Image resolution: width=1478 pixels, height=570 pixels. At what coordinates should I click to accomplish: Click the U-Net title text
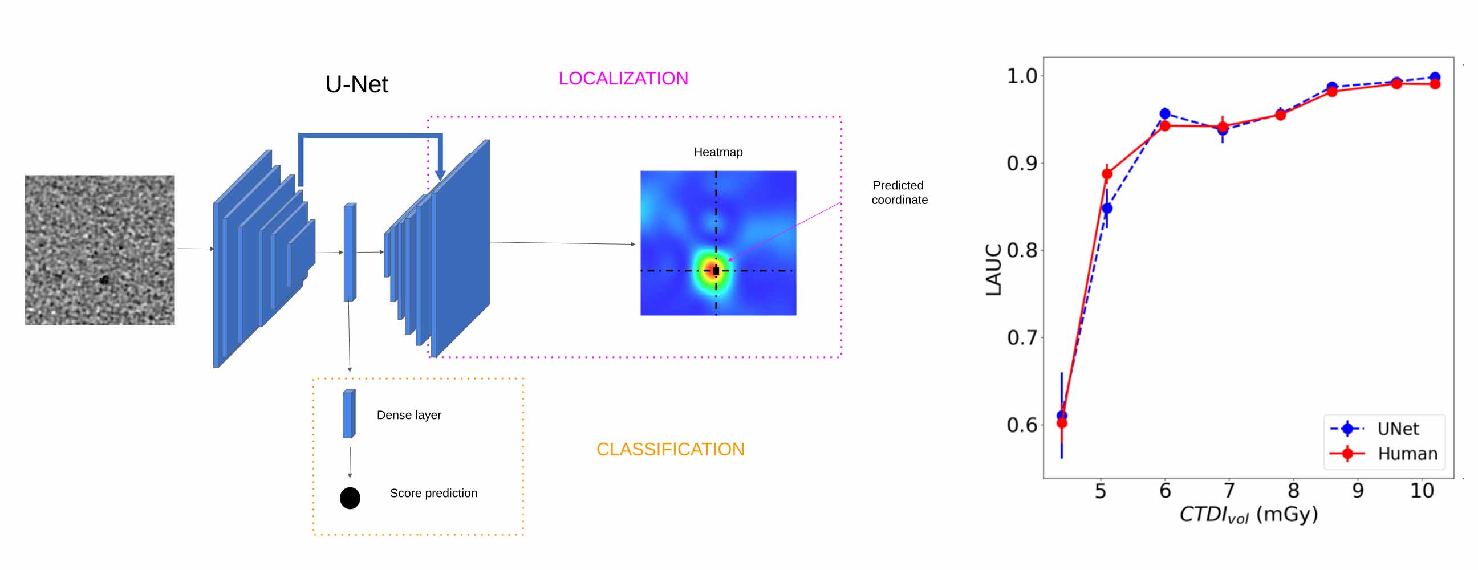(356, 84)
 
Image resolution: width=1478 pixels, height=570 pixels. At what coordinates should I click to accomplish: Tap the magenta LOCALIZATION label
(623, 78)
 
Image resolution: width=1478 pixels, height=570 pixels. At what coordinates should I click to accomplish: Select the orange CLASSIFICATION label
(670, 449)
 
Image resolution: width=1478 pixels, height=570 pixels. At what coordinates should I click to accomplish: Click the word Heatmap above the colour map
(718, 152)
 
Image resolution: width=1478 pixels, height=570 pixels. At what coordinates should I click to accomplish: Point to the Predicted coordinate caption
(899, 193)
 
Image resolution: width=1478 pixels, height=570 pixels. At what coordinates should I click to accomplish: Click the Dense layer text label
(409, 415)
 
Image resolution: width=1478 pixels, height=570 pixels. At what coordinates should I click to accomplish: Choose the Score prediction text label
(433, 493)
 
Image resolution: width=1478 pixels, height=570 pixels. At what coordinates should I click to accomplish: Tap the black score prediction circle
(350, 498)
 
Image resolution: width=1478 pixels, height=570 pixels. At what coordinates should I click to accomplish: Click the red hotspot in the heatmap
(714, 270)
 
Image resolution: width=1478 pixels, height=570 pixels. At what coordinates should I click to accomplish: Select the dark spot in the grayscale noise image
(104, 280)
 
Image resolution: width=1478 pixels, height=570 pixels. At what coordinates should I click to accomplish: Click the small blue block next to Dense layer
(349, 414)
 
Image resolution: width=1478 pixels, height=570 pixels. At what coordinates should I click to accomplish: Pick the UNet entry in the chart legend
(1383, 429)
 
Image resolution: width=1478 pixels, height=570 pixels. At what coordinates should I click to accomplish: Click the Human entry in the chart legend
(1383, 454)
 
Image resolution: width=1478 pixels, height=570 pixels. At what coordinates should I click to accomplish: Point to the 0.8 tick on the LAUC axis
(1022, 251)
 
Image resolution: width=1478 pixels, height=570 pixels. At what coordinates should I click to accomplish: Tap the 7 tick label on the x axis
(1229, 491)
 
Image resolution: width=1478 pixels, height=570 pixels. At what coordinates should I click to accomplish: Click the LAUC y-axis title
(993, 270)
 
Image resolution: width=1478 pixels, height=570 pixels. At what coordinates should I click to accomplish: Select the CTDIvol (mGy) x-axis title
(1249, 514)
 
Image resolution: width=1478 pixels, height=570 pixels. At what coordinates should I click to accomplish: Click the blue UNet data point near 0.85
(1107, 208)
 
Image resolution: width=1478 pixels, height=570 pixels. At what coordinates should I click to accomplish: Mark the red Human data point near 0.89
(1107, 174)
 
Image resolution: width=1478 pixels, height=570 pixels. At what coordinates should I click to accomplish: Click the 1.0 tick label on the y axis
(1022, 76)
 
